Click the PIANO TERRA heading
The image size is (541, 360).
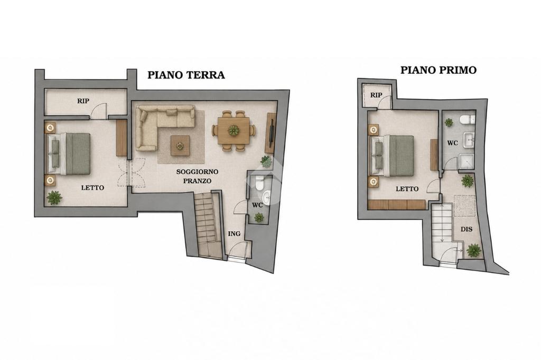(186, 75)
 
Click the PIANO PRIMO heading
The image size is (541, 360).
(438, 70)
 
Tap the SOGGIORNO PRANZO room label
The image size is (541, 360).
(197, 176)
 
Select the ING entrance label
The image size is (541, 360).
(234, 234)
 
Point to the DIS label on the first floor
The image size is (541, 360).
(467, 229)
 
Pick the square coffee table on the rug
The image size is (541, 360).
(180, 146)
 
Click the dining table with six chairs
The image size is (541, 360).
(234, 131)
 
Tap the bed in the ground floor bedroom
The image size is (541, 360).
(69, 154)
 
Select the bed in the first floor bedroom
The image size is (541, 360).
(392, 156)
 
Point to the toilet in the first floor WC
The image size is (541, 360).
(468, 119)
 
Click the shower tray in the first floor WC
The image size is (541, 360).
(468, 162)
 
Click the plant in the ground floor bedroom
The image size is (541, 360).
(54, 197)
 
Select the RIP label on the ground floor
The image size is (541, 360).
(83, 101)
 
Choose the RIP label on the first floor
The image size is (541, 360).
(376, 95)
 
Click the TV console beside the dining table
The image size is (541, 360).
(271, 133)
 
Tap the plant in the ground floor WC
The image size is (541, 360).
(259, 217)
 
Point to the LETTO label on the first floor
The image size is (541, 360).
(407, 189)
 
